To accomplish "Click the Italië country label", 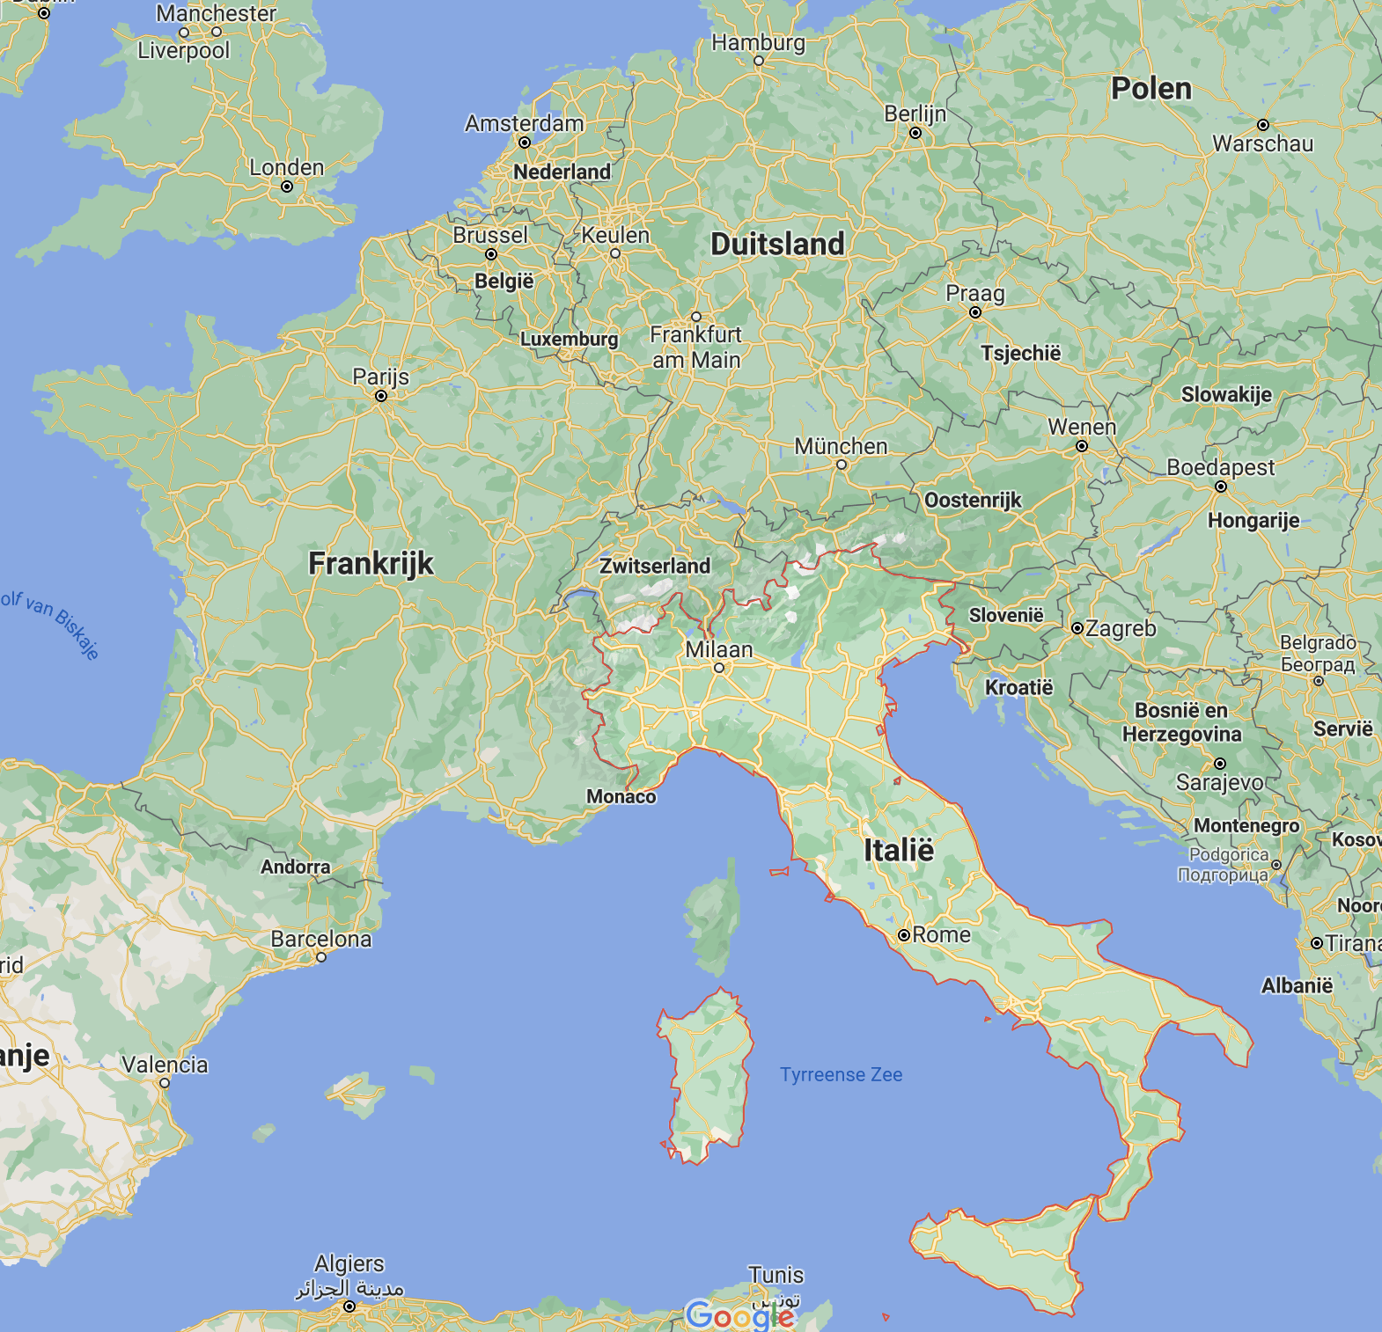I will [x=898, y=851].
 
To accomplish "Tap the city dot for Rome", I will [x=903, y=935].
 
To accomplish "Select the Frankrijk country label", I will [x=371, y=563].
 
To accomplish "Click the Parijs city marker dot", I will [x=381, y=397].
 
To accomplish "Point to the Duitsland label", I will [x=777, y=244].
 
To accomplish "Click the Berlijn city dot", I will [x=915, y=134].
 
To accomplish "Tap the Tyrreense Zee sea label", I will [x=841, y=1074].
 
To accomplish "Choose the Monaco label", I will [x=621, y=796].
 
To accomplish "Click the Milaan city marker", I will [x=719, y=668].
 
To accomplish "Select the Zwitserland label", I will [x=655, y=566].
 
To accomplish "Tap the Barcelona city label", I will [x=320, y=939].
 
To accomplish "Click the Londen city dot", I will [x=287, y=187].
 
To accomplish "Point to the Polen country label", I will [x=1150, y=89].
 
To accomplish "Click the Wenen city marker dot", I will [x=1082, y=446].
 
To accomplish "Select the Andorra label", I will [x=295, y=867].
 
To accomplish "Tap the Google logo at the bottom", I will [x=740, y=1314].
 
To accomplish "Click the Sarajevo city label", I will [x=1219, y=782].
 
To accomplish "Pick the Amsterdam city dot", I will [x=526, y=143].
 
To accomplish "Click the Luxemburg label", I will [x=569, y=339].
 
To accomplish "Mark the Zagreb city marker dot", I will [x=1077, y=628].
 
